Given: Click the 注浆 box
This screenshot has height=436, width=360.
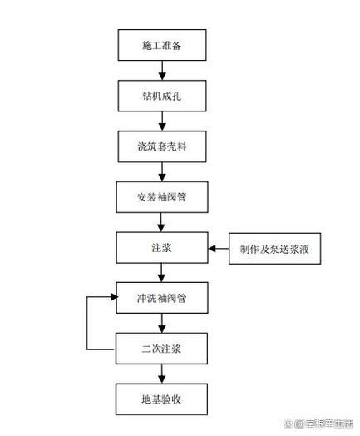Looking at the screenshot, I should pyautogui.click(x=160, y=248).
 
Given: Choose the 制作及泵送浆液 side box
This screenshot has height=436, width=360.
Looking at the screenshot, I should pyautogui.click(x=274, y=248).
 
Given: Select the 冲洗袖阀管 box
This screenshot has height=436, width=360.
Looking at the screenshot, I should pyautogui.click(x=160, y=297).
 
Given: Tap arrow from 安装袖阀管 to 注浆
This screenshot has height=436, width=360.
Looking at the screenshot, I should pyautogui.click(x=160, y=222).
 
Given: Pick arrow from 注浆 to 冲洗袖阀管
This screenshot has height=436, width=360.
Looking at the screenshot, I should pyautogui.click(x=160, y=272).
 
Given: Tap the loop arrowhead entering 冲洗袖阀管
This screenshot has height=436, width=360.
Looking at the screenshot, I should pyautogui.click(x=113, y=296).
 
